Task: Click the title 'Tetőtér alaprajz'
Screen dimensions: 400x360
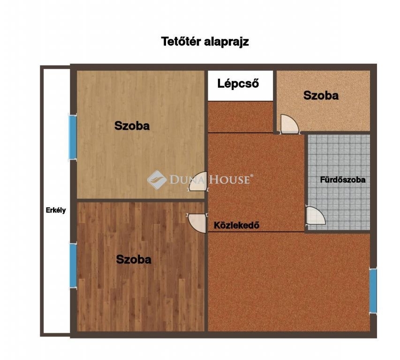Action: pyautogui.click(x=205, y=42)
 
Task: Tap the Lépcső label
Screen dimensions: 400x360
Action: pyautogui.click(x=238, y=83)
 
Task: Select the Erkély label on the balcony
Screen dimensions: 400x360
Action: pyautogui.click(x=56, y=210)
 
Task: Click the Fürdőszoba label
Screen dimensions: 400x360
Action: pyautogui.click(x=343, y=180)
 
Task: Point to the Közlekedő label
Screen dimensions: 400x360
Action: pyautogui.click(x=236, y=225)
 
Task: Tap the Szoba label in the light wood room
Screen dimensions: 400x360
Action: pyautogui.click(x=132, y=126)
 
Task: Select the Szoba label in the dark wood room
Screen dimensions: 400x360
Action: pyautogui.click(x=134, y=259)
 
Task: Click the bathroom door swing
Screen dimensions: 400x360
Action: pyautogui.click(x=316, y=216)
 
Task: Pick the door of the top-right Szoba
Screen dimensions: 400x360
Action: pyautogui.click(x=289, y=124)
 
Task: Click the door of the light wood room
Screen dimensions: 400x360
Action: pyautogui.click(x=198, y=181)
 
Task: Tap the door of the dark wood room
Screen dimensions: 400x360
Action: pyautogui.click(x=196, y=223)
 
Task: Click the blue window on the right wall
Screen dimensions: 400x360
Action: pyautogui.click(x=373, y=291)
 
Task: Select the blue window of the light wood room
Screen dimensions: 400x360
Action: pyautogui.click(x=73, y=137)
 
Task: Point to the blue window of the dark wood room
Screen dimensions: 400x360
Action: pyautogui.click(x=73, y=266)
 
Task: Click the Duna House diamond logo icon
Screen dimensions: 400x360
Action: pyautogui.click(x=157, y=180)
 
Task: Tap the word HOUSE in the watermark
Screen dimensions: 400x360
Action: pyautogui.click(x=229, y=180)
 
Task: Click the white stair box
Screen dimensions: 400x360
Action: pyautogui.click(x=240, y=86)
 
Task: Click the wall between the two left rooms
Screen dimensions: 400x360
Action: pyautogui.click(x=141, y=201)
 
